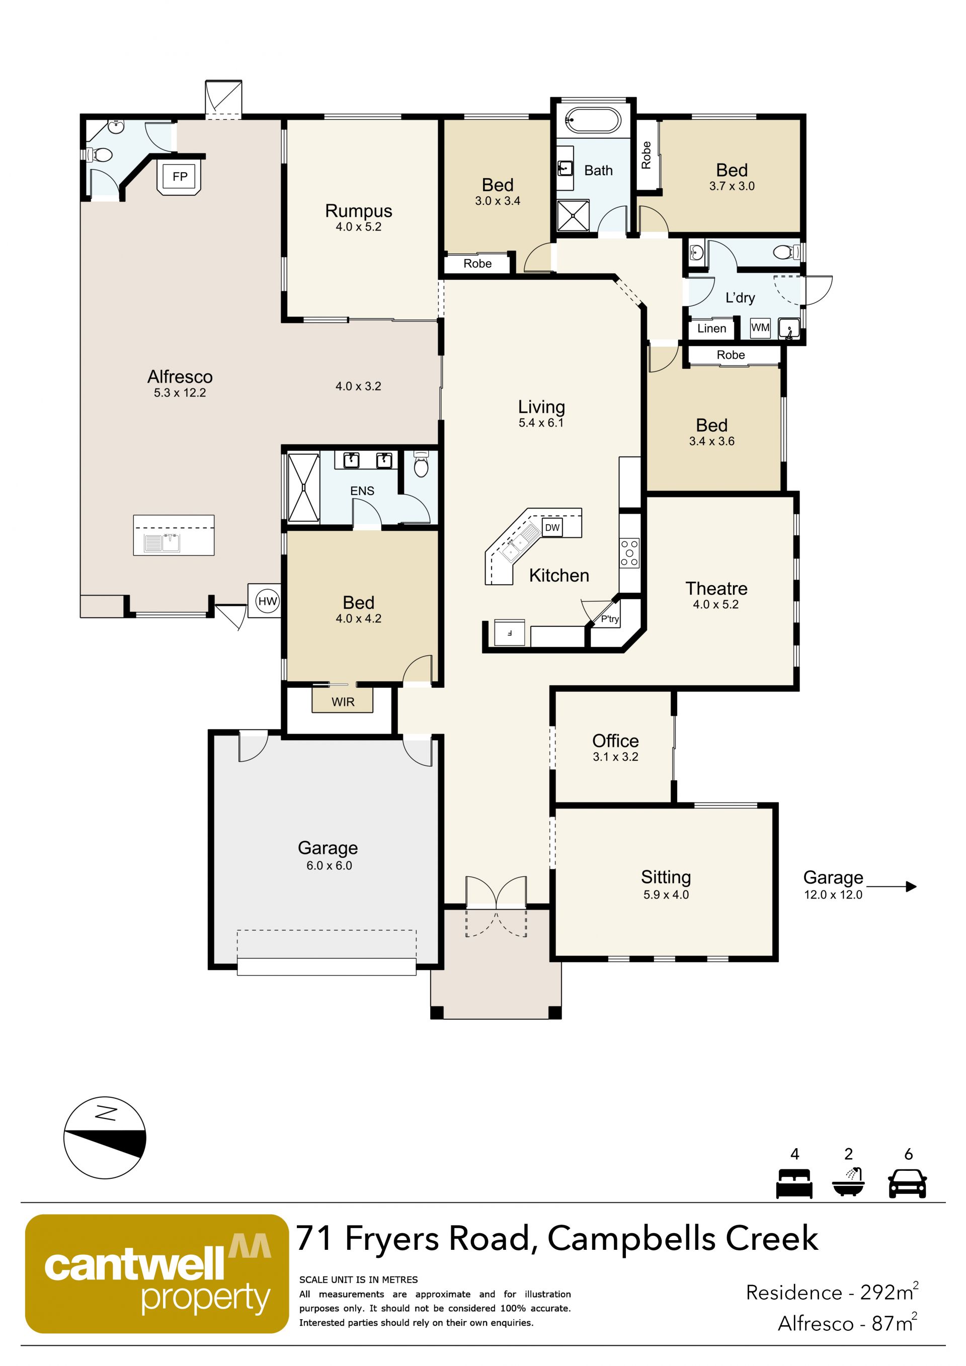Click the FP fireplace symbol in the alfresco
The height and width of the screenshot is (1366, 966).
(x=180, y=176)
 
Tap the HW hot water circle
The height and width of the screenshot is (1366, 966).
(x=267, y=601)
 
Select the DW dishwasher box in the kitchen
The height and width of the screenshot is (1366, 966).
(x=552, y=527)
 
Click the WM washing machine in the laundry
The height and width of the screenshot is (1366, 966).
(x=760, y=327)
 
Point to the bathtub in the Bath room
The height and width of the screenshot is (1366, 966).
(x=593, y=121)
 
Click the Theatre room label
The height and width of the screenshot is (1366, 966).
(x=716, y=588)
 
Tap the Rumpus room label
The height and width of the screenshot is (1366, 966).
(x=359, y=211)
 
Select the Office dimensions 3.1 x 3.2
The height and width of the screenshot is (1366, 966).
(x=616, y=757)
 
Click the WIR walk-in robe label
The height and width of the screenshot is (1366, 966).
(x=343, y=702)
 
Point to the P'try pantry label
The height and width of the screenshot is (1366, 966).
(x=610, y=619)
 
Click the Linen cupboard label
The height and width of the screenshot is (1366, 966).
(x=711, y=329)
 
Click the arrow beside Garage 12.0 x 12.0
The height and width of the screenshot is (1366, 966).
(x=891, y=887)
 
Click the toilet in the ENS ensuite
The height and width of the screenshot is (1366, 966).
(x=421, y=465)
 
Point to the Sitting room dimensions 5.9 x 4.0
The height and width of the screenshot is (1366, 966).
(x=666, y=895)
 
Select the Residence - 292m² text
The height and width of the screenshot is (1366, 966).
(x=832, y=1292)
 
